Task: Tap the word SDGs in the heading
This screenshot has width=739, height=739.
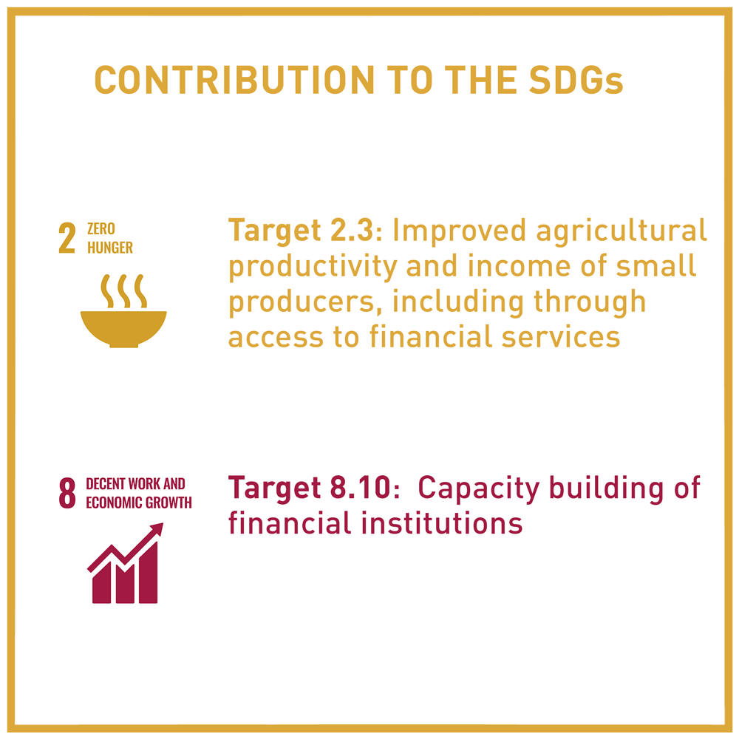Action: (x=576, y=80)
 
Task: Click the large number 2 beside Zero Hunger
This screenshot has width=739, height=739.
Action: (x=67, y=238)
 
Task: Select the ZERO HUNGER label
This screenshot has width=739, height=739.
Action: (x=110, y=238)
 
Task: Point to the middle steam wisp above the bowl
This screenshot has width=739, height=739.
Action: (x=123, y=290)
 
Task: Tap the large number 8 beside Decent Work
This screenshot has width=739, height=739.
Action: (x=67, y=493)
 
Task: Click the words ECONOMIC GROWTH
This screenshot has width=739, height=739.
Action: (x=139, y=503)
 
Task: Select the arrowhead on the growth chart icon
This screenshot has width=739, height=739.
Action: (x=156, y=530)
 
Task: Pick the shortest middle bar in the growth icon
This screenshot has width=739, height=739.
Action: (x=125, y=585)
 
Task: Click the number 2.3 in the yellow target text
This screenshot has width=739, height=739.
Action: (x=352, y=230)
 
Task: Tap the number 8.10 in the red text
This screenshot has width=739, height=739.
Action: (x=361, y=487)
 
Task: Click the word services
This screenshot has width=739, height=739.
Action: (x=560, y=338)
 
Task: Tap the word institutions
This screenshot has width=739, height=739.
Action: (x=442, y=523)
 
